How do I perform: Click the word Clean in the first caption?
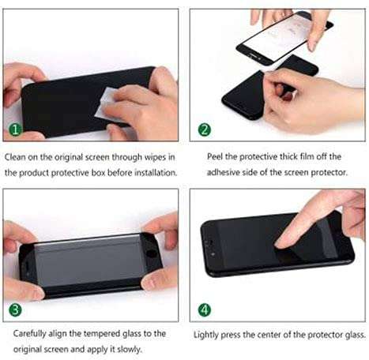17,156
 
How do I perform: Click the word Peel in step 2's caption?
216,156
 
